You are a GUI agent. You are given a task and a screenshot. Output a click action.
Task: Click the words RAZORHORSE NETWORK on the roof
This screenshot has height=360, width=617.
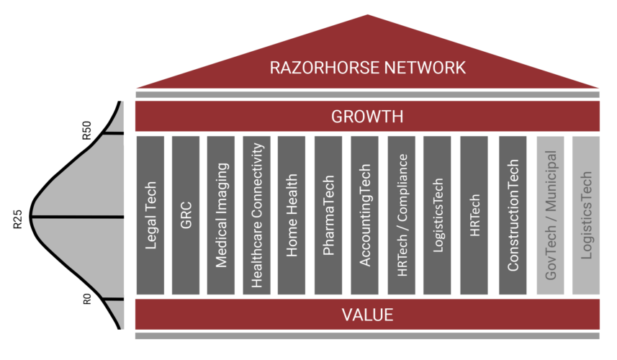[367, 68]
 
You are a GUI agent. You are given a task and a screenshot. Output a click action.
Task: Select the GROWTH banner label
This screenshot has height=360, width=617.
[367, 117]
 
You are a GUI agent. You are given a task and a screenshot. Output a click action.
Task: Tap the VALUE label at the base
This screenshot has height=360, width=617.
[367, 315]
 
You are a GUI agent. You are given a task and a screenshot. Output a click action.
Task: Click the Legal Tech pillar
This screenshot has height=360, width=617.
[150, 215]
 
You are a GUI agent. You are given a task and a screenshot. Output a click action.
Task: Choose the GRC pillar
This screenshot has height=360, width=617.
[186, 215]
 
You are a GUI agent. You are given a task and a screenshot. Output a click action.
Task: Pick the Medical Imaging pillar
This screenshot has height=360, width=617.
[221, 215]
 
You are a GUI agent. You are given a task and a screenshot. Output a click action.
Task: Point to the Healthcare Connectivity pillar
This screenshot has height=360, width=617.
[257, 215]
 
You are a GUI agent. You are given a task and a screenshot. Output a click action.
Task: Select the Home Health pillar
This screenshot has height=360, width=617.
[292, 215]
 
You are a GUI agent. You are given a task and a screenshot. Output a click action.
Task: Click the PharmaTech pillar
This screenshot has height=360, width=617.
[328, 215]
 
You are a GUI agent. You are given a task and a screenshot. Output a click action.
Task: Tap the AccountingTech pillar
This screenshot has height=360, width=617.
[365, 215]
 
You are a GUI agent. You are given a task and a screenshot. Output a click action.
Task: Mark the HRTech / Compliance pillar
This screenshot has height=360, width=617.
[402, 215]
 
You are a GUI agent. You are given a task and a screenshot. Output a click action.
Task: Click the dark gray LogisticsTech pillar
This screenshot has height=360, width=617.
[438, 215]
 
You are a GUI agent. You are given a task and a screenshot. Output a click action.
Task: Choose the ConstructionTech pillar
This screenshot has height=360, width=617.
[513, 215]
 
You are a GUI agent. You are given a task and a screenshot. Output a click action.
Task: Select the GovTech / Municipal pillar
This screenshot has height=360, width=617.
[551, 215]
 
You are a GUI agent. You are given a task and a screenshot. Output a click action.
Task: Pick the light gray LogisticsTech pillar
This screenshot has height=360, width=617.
[586, 215]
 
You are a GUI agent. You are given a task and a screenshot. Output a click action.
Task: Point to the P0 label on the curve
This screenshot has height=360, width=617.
[87, 298]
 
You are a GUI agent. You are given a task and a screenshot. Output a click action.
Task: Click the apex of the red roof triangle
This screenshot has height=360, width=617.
[368, 15]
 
